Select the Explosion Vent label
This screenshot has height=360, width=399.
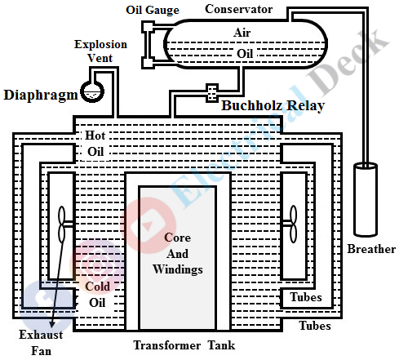click(100, 50)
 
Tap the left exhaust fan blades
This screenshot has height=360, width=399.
click(62, 223)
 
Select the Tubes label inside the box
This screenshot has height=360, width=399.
click(306, 296)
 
